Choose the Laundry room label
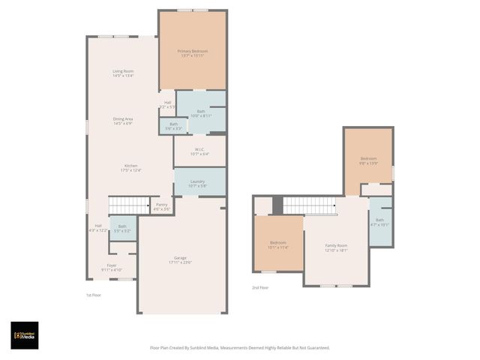coord(198,183)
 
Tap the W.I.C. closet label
coord(200,151)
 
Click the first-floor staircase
coord(130,205)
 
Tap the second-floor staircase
coord(309,205)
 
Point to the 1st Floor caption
coord(94,295)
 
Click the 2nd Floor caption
coord(260,286)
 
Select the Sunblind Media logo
coord(24,335)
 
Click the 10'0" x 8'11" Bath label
coord(200,113)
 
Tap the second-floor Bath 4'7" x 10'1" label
coord(379,222)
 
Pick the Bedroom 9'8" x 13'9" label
coord(368,160)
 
